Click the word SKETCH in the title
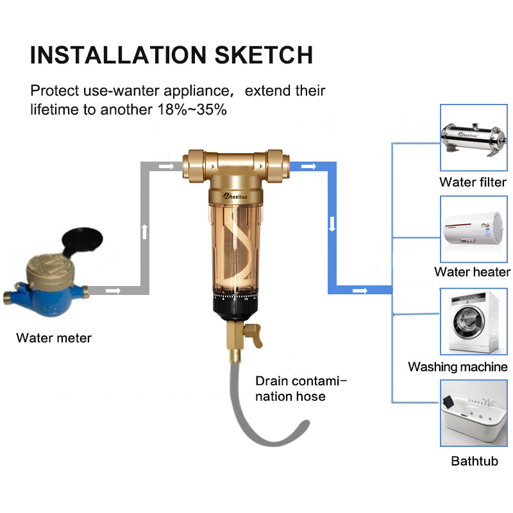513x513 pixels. point(264,55)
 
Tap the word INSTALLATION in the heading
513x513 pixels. point(118,55)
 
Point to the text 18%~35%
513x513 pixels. point(192,110)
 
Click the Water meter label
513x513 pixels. point(54,338)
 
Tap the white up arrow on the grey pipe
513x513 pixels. point(145,231)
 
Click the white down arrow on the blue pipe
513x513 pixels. point(332,224)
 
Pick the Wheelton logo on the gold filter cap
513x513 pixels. point(235,196)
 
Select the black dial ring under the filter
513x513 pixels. point(235,305)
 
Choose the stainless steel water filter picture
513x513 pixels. point(473,138)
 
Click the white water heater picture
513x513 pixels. point(473,230)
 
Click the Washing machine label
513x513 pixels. point(458,367)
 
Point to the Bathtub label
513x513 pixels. point(475,461)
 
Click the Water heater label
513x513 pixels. point(472,272)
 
